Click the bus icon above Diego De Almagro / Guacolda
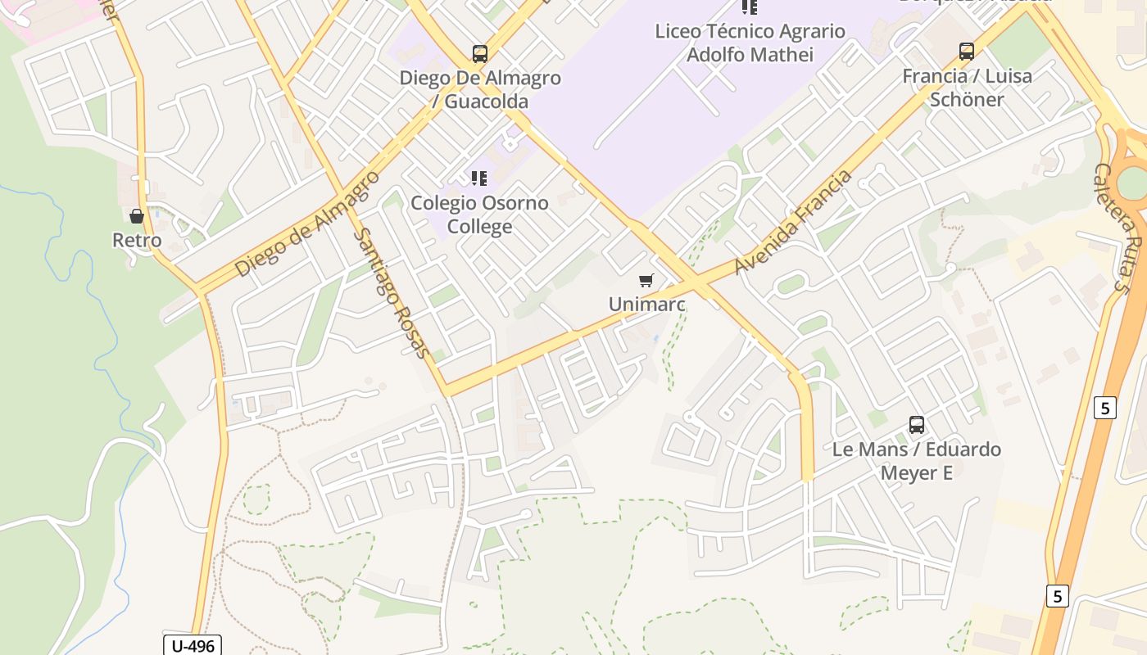click(x=480, y=54)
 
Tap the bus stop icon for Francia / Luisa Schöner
click(x=967, y=52)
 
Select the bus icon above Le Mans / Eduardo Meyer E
click(x=917, y=425)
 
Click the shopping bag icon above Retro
click(x=137, y=216)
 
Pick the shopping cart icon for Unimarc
click(x=646, y=281)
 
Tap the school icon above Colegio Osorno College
click(x=479, y=178)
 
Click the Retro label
click(x=137, y=241)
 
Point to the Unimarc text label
click(x=646, y=305)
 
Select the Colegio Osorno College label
click(x=479, y=215)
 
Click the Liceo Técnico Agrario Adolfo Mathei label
click(x=750, y=43)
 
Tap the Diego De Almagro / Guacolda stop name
click(x=480, y=90)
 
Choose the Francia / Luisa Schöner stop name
click(x=967, y=88)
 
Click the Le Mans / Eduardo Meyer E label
click(x=917, y=461)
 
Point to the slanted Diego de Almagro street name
click(x=307, y=224)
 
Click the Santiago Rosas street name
click(x=392, y=293)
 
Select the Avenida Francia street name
click(x=793, y=222)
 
